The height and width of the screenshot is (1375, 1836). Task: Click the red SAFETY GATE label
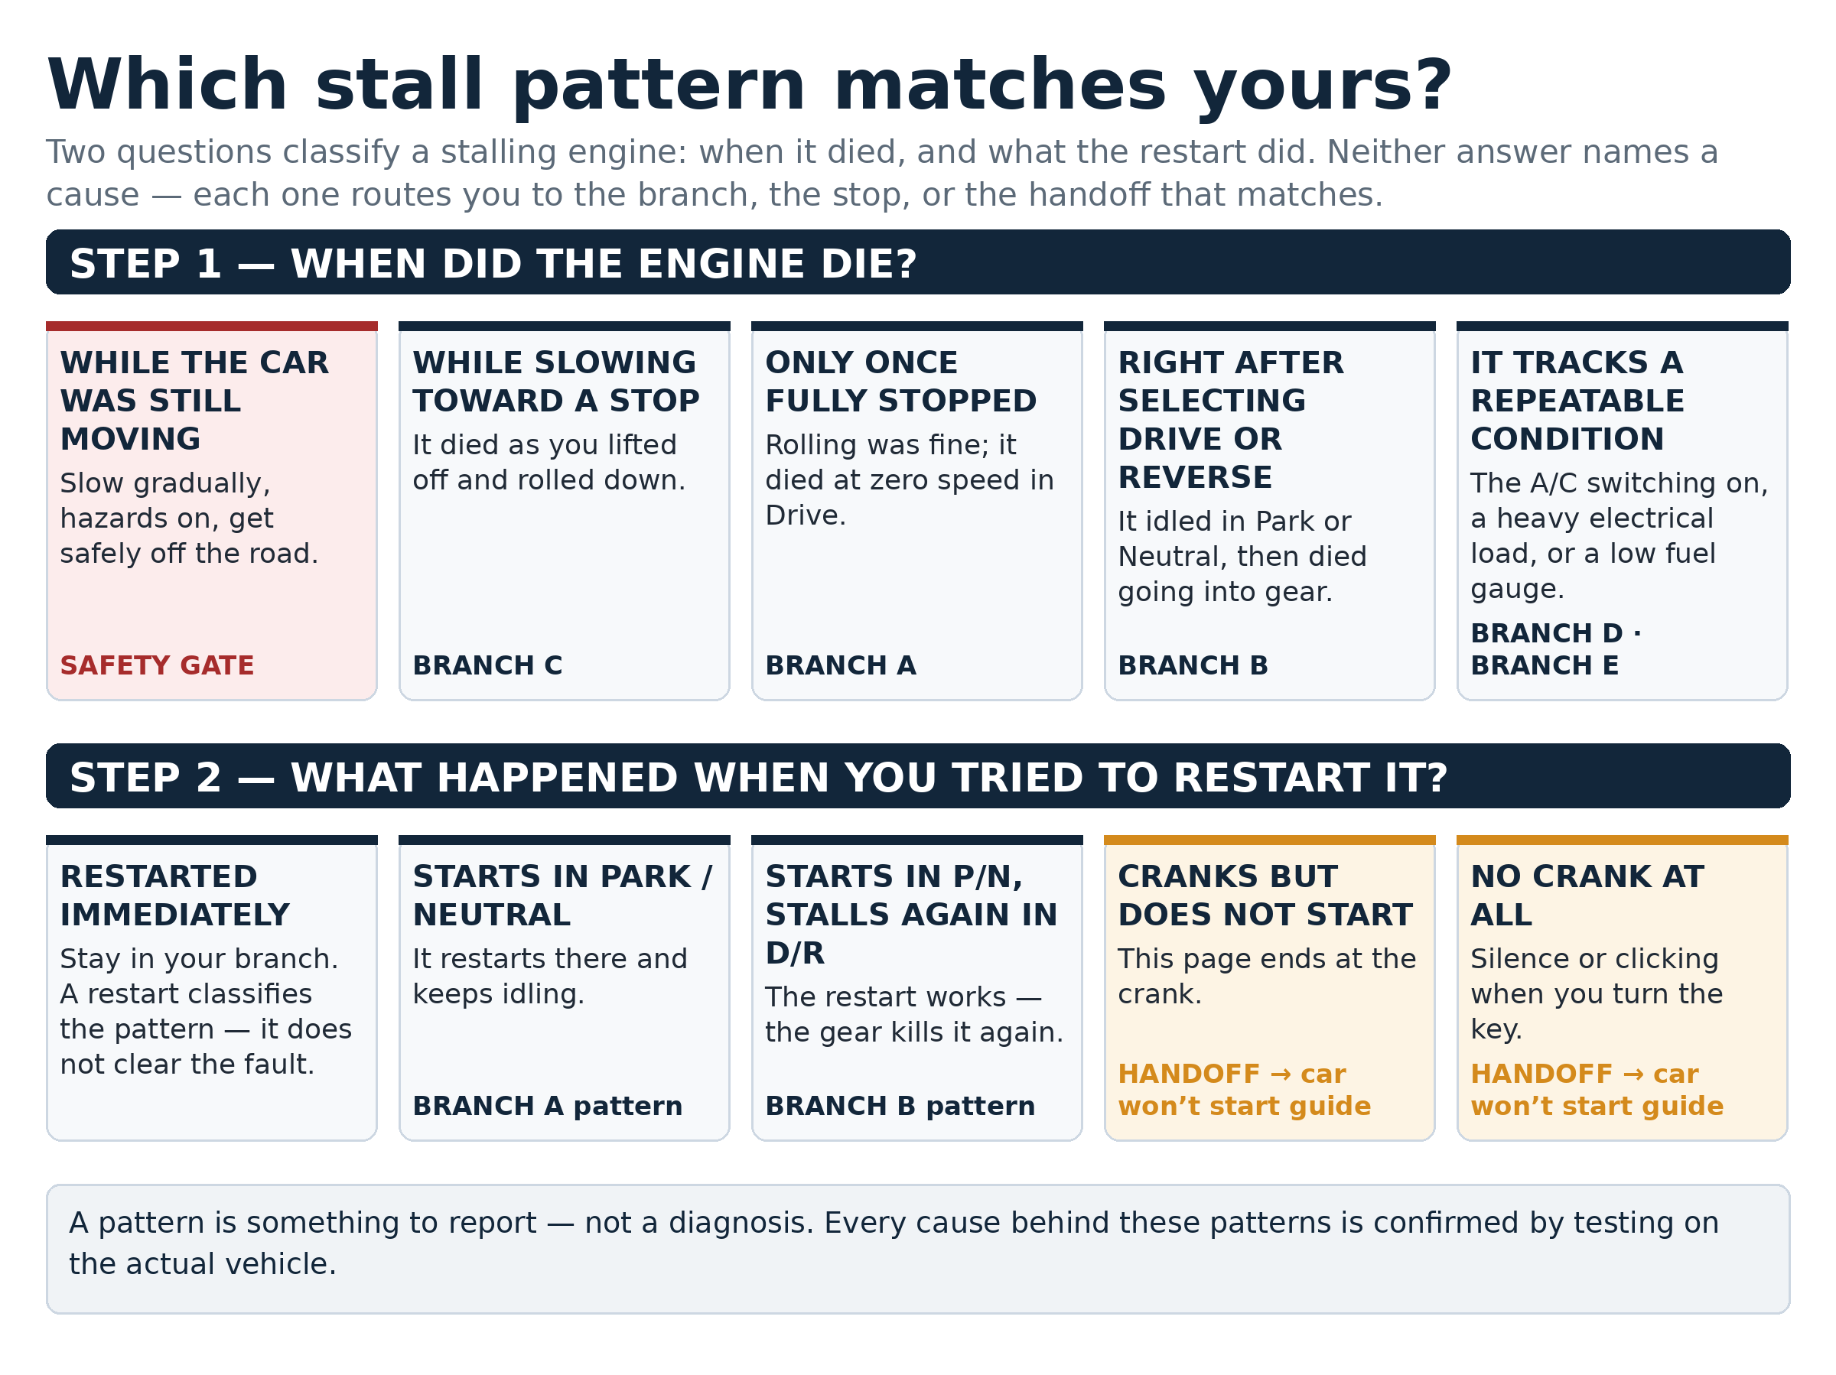click(157, 665)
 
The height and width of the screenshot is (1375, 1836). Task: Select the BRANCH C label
click(487, 665)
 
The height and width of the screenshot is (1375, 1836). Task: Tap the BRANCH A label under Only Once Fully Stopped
click(840, 665)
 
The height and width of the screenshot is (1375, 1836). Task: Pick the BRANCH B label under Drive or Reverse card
click(1193, 665)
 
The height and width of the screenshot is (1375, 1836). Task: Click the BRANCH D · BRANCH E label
click(1555, 649)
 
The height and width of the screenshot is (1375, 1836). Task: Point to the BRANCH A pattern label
click(547, 1106)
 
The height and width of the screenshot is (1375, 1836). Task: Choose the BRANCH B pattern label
click(900, 1106)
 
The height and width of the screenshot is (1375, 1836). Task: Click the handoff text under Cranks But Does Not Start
click(1244, 1090)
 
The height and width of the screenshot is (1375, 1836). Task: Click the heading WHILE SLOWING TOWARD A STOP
click(556, 382)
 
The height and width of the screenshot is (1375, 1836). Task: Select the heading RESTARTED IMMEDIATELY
click(174, 896)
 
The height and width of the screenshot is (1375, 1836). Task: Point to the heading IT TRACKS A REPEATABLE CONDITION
click(1577, 401)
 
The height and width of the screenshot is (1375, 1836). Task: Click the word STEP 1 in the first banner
click(146, 264)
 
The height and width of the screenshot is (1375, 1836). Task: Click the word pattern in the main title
click(659, 86)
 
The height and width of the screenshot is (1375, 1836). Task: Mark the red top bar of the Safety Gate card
click(212, 326)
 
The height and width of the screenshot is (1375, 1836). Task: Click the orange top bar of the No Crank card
click(1622, 840)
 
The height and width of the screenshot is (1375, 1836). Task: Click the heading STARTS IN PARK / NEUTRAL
click(562, 896)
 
